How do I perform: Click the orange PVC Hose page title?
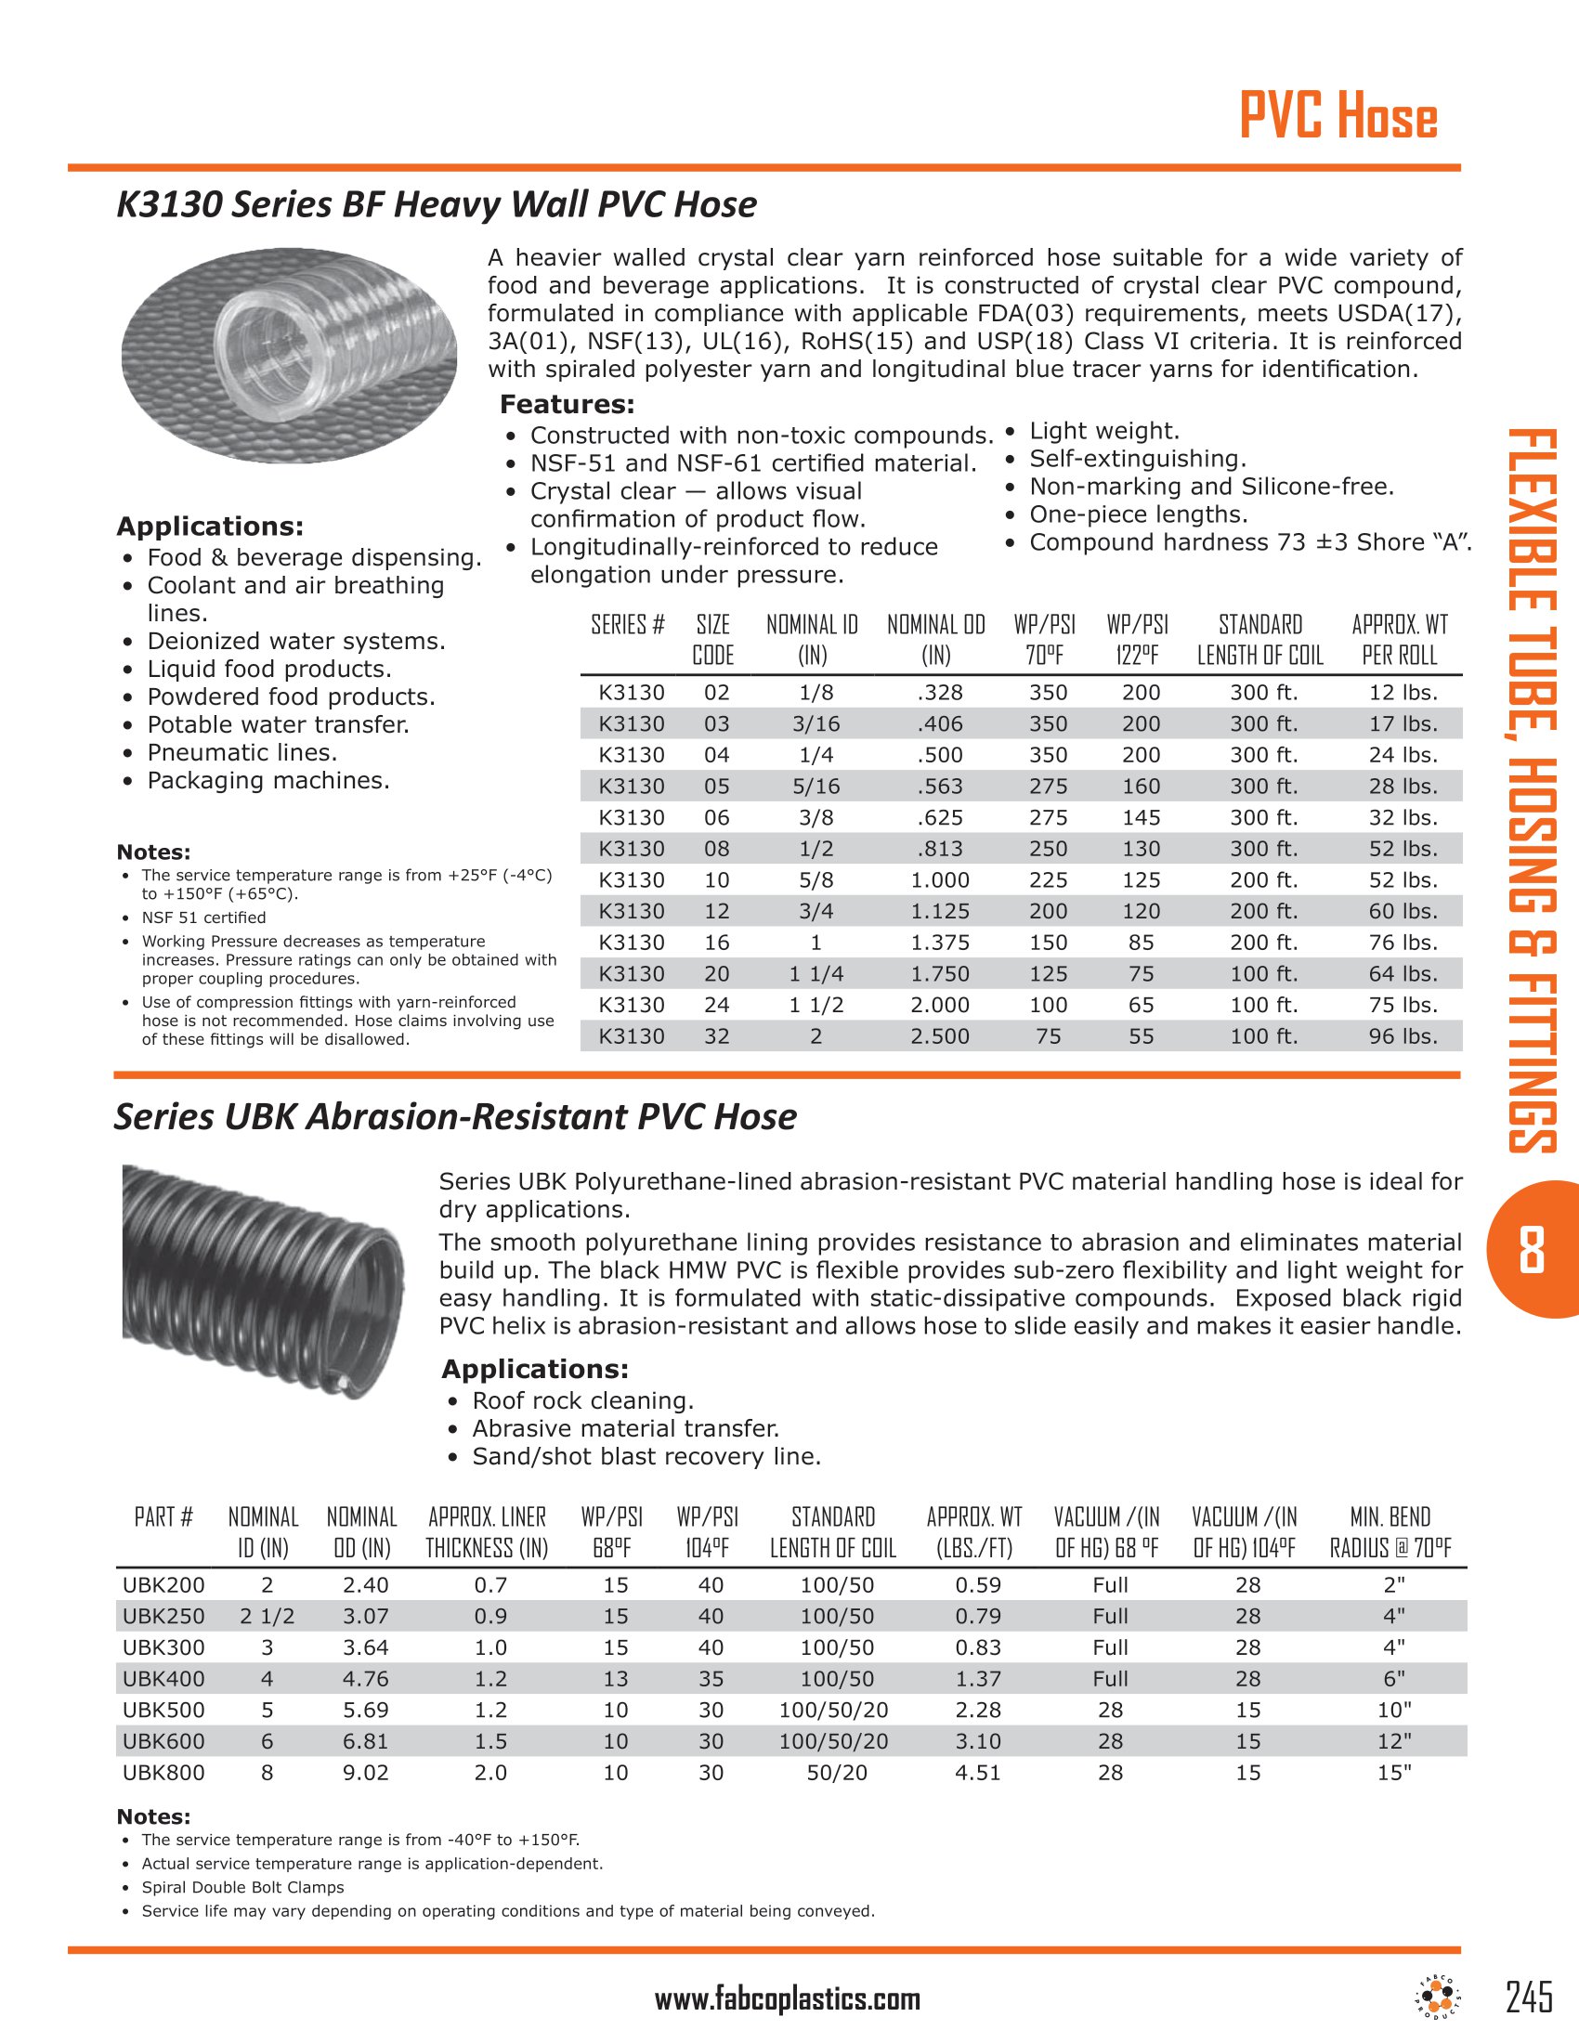click(1338, 117)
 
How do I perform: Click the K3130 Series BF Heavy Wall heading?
click(436, 205)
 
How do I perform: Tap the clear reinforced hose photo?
click(289, 355)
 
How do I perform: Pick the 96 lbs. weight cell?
click(1403, 1036)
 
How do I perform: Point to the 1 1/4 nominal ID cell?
click(816, 974)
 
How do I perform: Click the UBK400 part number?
click(163, 1679)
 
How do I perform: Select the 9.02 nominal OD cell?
click(365, 1773)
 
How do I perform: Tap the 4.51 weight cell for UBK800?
click(977, 1773)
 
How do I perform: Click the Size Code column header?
click(712, 640)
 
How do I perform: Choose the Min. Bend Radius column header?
click(1390, 1532)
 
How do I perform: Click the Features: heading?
click(567, 405)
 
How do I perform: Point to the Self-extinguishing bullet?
click(1137, 460)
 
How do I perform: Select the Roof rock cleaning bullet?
click(581, 1400)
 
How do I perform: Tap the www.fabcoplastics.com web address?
click(787, 2000)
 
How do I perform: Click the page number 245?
click(1529, 1997)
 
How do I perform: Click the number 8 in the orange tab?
click(1531, 1251)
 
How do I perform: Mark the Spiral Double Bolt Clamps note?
click(242, 1888)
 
